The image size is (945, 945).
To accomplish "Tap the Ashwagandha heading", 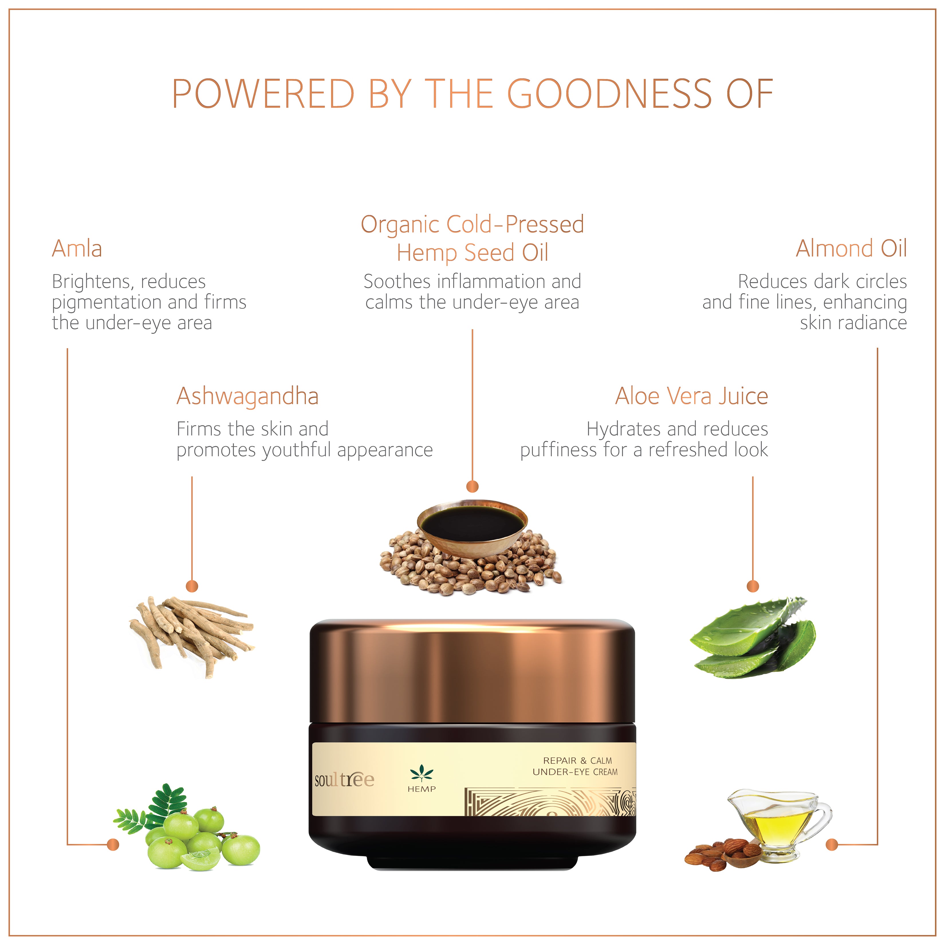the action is click(x=247, y=397).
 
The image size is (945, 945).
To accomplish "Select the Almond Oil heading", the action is click(x=851, y=249).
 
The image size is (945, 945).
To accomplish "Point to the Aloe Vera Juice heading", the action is click(x=692, y=396).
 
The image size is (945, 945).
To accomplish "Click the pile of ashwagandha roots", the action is click(x=192, y=636).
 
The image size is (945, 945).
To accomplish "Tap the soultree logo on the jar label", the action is click(x=344, y=780).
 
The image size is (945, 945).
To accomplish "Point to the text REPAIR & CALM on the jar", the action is click(x=578, y=761).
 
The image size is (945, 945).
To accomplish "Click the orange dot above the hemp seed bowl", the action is click(x=472, y=486).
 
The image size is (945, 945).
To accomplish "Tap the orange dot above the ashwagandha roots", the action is click(x=192, y=586).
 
